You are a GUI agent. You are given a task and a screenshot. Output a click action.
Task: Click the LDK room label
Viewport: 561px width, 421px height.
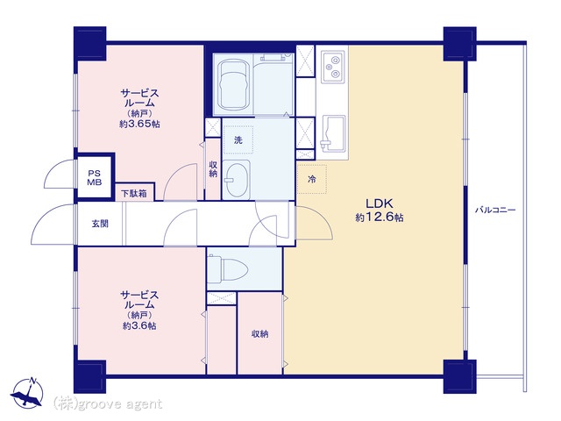pos(380,203)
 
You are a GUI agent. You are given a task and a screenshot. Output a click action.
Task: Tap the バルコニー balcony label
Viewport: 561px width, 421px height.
pos(495,210)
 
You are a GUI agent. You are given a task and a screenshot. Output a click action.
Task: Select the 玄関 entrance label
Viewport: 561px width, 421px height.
pos(100,225)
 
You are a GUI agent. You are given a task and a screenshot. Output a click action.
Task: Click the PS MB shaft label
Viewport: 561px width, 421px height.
pos(95,177)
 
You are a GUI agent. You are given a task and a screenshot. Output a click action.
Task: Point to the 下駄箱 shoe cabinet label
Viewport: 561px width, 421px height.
pos(134,194)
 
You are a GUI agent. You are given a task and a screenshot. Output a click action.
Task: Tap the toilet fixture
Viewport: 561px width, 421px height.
pos(228,269)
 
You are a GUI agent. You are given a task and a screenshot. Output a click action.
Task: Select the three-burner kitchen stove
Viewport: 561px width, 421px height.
pos(333,67)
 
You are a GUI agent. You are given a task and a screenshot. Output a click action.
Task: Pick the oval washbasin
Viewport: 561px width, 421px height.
pos(237,180)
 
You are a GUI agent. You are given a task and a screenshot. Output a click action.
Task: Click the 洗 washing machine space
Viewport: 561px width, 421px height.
pos(238,140)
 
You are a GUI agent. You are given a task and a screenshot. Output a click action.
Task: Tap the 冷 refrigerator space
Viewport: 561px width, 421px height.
pos(312,179)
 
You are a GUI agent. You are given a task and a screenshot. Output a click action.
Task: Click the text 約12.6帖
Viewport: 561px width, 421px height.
pos(380,218)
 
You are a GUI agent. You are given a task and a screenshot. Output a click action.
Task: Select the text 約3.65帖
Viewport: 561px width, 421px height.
pos(139,125)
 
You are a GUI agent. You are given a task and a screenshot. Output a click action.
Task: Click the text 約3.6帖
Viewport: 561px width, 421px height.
pos(139,326)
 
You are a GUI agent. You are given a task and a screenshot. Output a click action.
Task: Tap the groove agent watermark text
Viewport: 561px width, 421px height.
pos(108,403)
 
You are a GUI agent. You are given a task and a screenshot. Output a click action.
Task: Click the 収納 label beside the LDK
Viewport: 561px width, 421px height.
pos(260,334)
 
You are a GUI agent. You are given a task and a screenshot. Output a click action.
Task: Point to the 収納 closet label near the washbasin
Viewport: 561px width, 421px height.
pos(213,169)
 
